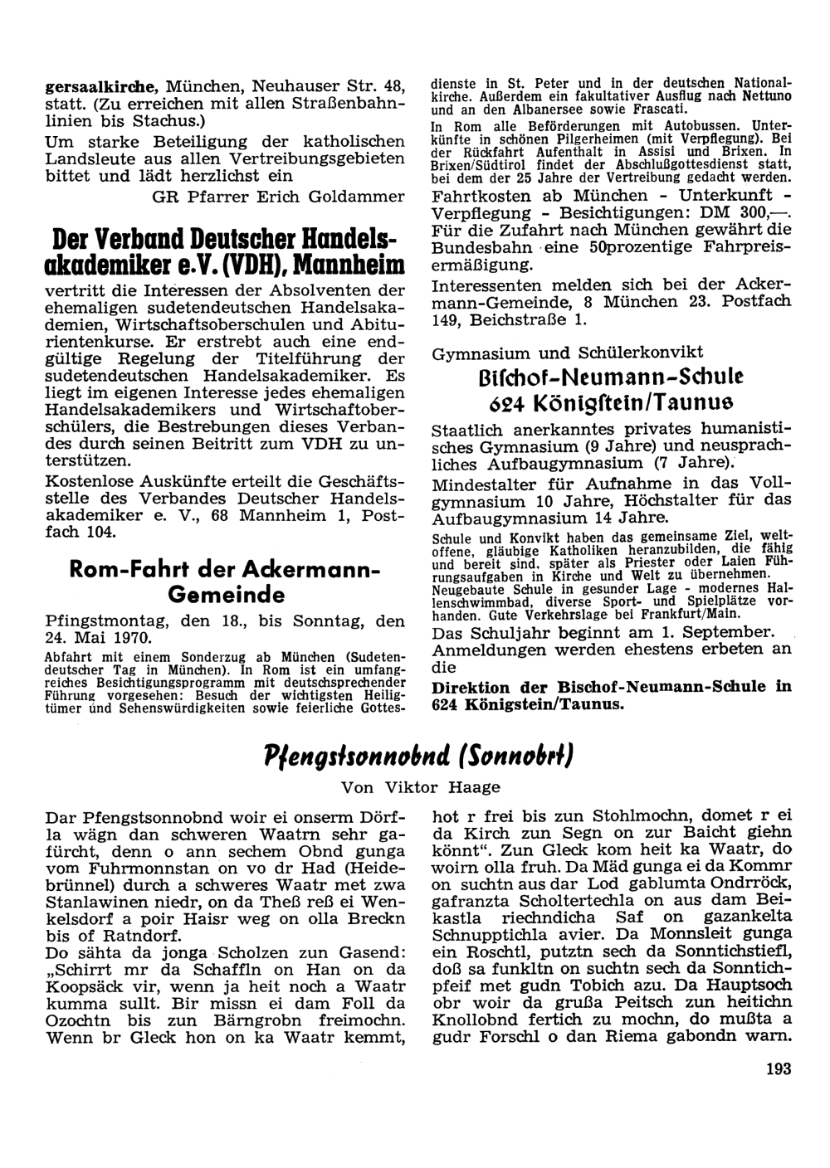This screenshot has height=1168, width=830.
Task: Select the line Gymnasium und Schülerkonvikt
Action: [x=568, y=353]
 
